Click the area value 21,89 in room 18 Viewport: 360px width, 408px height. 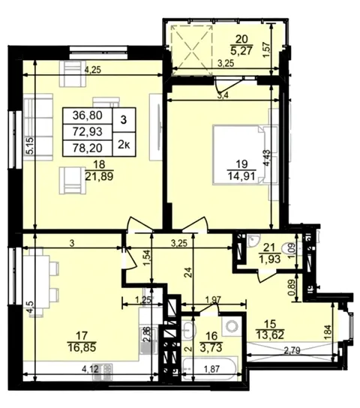coord(99,176)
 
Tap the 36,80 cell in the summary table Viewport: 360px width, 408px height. coord(88,115)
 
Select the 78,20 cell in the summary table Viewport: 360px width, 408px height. coord(88,148)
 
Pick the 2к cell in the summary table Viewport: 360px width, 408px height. coord(124,145)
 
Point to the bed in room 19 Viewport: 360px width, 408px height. coord(245,154)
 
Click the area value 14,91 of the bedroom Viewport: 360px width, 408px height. coord(241,176)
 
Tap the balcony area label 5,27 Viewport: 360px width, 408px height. coord(241,50)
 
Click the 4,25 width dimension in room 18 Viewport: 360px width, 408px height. coord(93,70)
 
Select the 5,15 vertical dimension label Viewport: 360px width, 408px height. coord(31,146)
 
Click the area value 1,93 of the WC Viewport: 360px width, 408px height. coord(269,259)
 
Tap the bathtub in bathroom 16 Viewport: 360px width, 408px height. coord(209,369)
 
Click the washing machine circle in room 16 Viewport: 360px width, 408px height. coord(231,325)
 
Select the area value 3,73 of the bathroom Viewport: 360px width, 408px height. coord(211,347)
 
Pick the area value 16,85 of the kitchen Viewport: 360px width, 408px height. coord(82,347)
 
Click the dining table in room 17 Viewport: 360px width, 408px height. coord(40,282)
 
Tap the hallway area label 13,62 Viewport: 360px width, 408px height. coord(270,334)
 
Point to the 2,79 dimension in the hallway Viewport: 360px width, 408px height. coord(292,350)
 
